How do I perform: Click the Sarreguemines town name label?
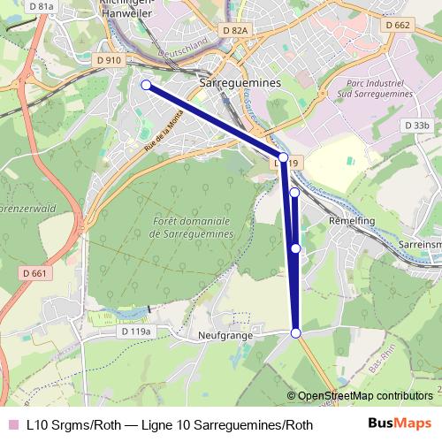pos(240,81)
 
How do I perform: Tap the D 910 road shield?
pos(109,60)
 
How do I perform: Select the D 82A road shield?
pos(236,30)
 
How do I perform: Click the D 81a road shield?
pos(42,7)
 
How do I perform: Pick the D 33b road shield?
pos(416,126)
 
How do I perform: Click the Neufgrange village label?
pos(225,336)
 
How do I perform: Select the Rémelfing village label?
pos(350,219)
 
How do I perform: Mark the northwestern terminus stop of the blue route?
pos(147,85)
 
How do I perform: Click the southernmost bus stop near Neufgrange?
pos(296,332)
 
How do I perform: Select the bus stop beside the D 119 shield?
pos(283,157)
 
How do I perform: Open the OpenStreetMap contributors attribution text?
pos(365,396)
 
